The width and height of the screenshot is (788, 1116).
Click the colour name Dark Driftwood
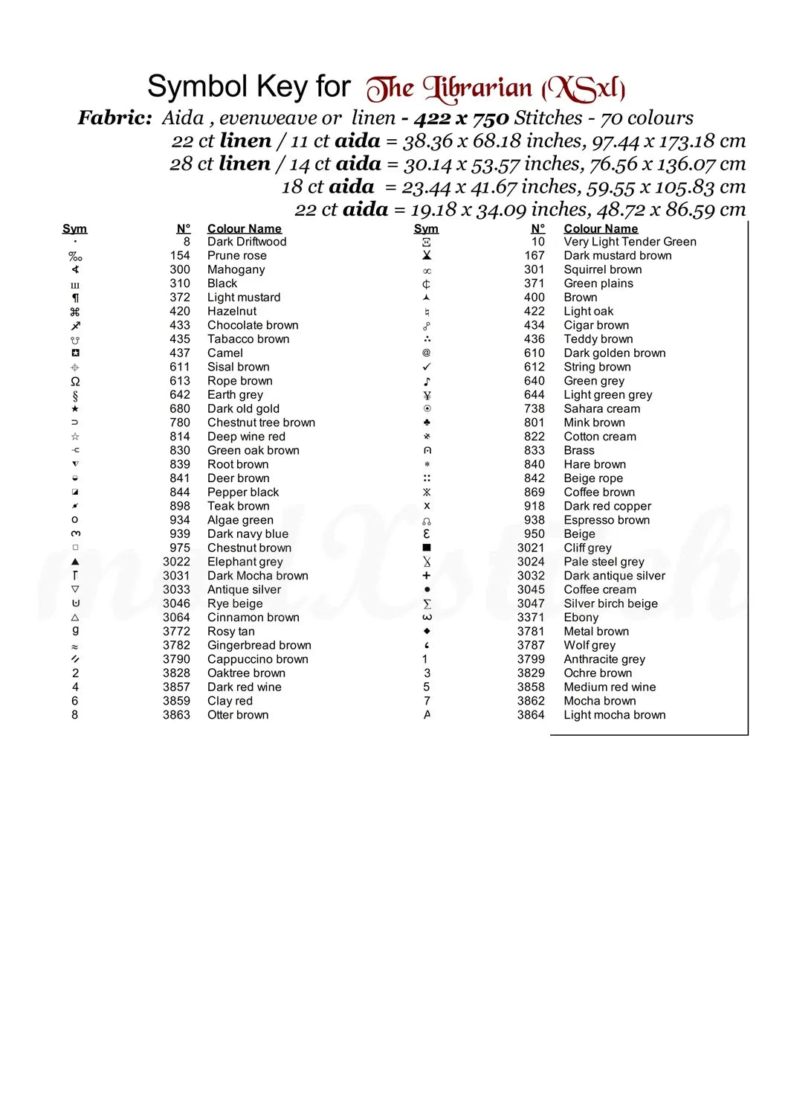pyautogui.click(x=246, y=242)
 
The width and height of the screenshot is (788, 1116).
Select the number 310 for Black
pyautogui.click(x=180, y=283)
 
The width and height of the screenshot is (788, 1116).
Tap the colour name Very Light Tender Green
pyautogui.click(x=630, y=242)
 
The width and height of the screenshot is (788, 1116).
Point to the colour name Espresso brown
pyautogui.click(x=607, y=520)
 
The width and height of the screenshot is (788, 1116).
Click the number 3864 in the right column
pyautogui.click(x=531, y=715)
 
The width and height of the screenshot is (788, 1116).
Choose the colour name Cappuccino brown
pyautogui.click(x=257, y=659)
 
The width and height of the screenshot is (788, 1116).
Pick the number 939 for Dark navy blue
pyautogui.click(x=180, y=534)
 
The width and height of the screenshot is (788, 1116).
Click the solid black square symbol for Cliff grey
pyautogui.click(x=427, y=548)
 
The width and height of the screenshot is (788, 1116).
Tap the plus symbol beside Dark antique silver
pyautogui.click(x=427, y=576)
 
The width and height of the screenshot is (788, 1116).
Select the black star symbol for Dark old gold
pyautogui.click(x=75, y=408)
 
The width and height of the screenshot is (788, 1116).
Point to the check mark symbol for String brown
pyautogui.click(x=427, y=367)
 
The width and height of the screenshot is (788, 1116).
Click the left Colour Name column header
pyautogui.click(x=244, y=228)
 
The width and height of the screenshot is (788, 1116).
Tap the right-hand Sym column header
pyautogui.click(x=426, y=228)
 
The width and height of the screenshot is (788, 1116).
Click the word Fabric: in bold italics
pyautogui.click(x=115, y=118)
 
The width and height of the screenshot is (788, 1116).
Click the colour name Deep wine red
pyautogui.click(x=246, y=437)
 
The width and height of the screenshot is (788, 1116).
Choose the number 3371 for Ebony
pyautogui.click(x=531, y=618)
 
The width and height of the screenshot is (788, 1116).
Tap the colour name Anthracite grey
pyautogui.click(x=604, y=659)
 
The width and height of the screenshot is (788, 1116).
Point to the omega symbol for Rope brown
pyautogui.click(x=75, y=381)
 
